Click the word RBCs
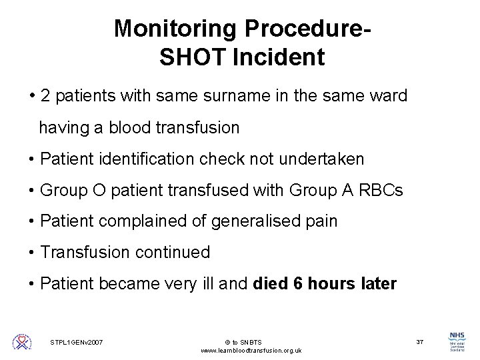[380, 190]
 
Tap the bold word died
[271, 284]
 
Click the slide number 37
[420, 341]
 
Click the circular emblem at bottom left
[22, 343]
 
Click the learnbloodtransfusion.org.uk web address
[251, 350]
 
